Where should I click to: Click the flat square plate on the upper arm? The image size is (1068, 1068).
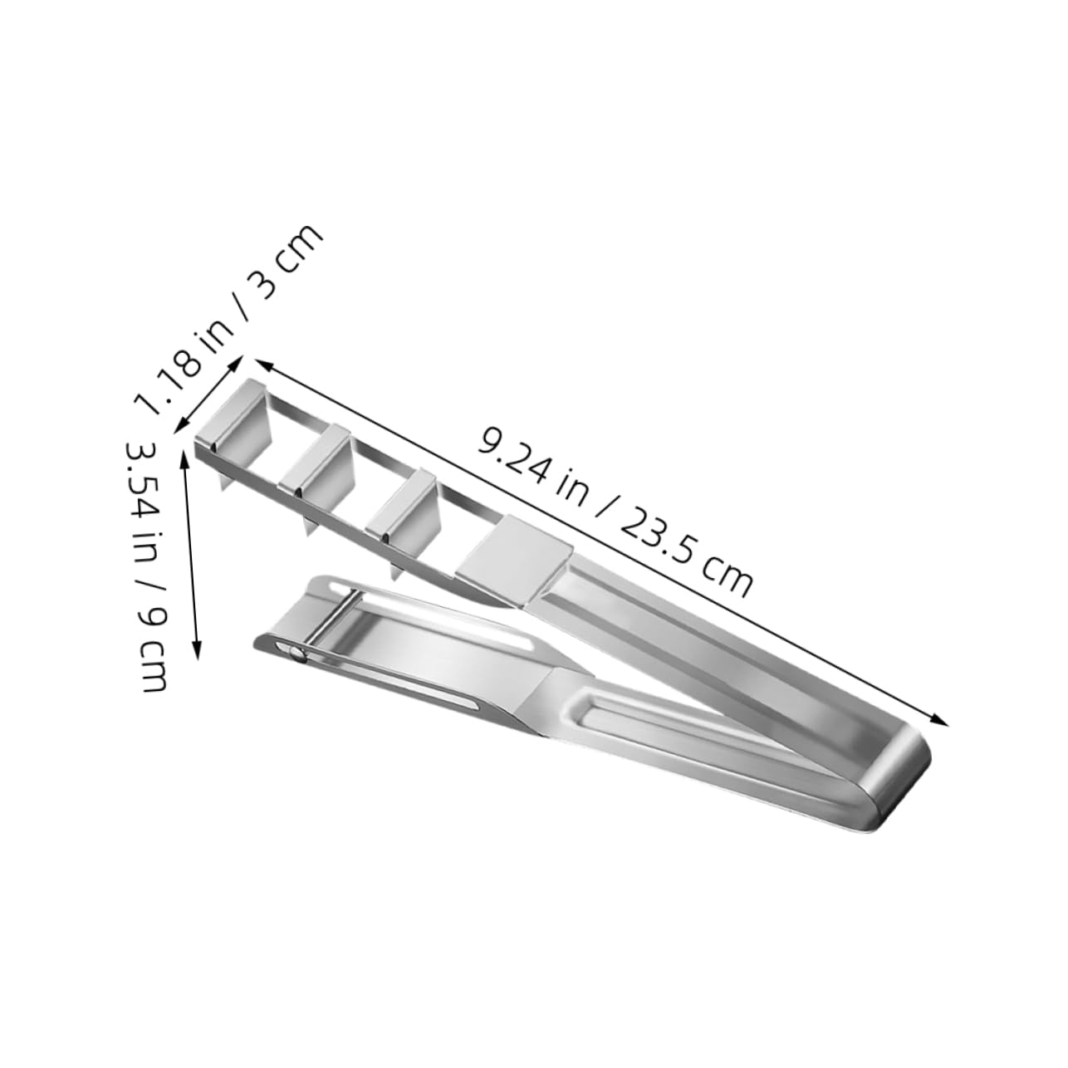pos(513,549)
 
